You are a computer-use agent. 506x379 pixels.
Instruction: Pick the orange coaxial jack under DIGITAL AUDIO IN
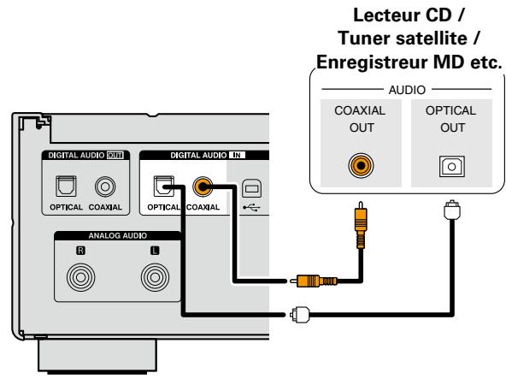tap(202, 183)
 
